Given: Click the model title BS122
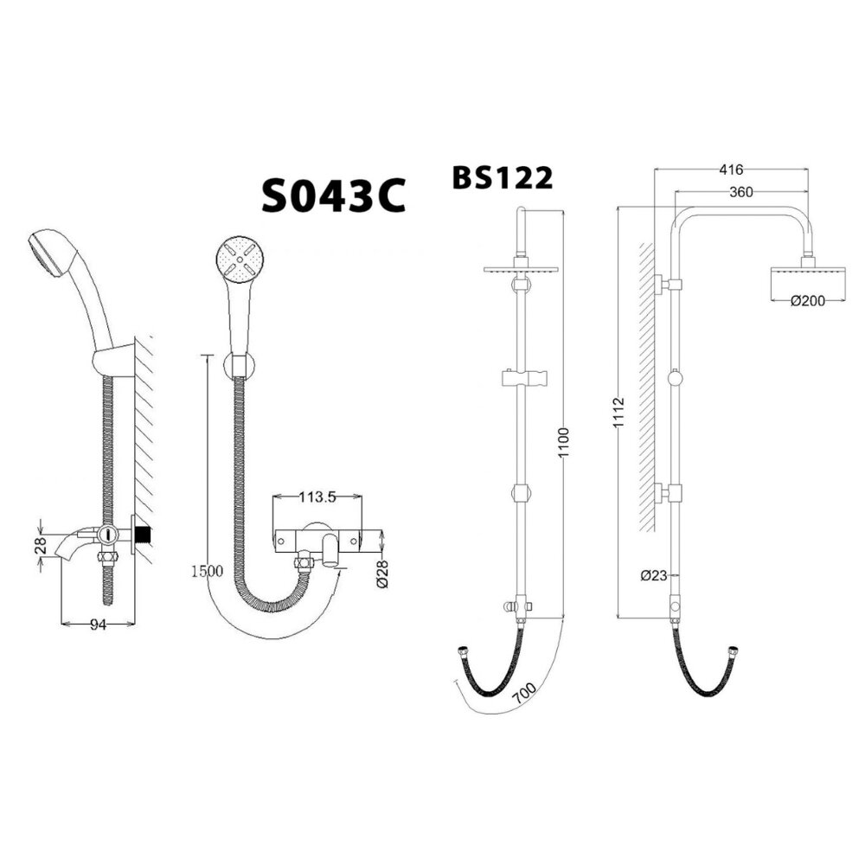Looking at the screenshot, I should click(x=502, y=177).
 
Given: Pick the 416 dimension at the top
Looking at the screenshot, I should click(x=731, y=170).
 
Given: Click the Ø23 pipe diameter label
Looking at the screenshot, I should click(x=654, y=574).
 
